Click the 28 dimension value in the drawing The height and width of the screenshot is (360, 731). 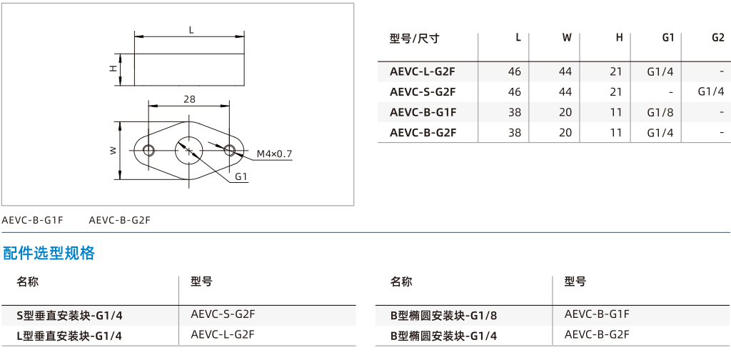(189, 99)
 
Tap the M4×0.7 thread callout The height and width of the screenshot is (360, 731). (274, 154)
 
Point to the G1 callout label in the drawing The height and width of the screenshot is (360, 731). (241, 176)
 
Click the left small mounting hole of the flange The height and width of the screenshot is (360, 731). (148, 150)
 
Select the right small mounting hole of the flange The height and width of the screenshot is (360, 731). (229, 150)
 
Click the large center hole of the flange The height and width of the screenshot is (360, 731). (188, 150)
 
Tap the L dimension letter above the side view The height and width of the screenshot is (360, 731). (191, 30)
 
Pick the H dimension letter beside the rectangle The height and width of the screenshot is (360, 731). (113, 69)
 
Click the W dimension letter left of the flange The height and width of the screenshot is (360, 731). (113, 151)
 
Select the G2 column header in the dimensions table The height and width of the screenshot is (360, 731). (718, 39)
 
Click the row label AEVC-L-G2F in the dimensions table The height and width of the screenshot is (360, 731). (423, 72)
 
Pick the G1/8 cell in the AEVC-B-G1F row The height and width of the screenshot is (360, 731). (660, 112)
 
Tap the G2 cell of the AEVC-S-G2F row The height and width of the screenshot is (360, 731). (711, 92)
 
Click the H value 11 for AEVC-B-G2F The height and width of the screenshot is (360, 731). (616, 133)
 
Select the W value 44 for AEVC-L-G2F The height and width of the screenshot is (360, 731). (565, 72)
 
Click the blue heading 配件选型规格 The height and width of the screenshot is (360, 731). (49, 253)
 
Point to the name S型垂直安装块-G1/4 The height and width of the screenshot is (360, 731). (69, 316)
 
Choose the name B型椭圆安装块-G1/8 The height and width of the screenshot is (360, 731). (444, 316)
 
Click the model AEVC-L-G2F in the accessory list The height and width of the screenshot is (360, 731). (223, 334)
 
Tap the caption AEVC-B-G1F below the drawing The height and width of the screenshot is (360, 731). (32, 220)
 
